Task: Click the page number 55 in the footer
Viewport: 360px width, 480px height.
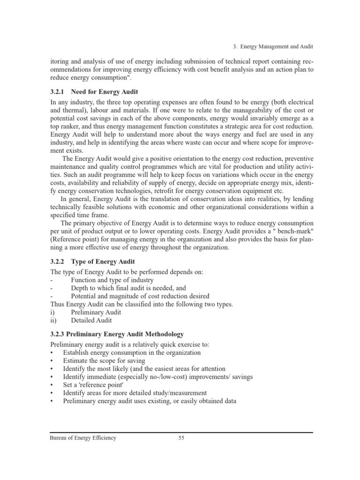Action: pos(181,438)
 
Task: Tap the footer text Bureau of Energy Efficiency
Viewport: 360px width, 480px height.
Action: pos(83,438)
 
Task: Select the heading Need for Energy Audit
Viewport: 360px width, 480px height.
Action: pos(105,91)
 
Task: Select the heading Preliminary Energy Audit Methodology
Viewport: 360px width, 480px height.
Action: pos(116,334)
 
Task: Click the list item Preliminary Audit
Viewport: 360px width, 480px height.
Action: pos(96,312)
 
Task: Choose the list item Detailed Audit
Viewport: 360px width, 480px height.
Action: pos(91,321)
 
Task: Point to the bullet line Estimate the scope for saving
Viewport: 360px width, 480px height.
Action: pos(104,361)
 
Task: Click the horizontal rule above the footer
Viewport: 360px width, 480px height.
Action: pos(181,432)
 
